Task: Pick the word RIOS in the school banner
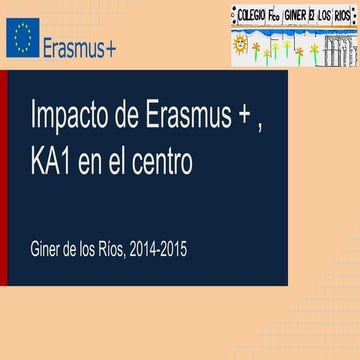pos(342,14)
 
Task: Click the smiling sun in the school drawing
pos(240,46)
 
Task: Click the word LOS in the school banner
pos(322,14)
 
